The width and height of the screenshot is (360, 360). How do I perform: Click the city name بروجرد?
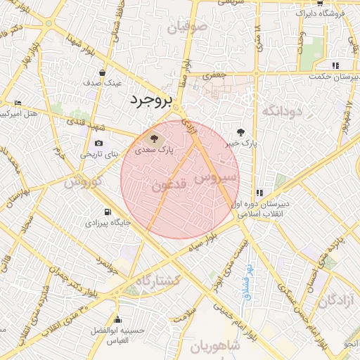click(150, 101)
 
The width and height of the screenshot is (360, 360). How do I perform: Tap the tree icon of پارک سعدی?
click(154, 137)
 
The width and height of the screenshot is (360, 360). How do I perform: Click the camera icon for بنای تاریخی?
click(98, 143)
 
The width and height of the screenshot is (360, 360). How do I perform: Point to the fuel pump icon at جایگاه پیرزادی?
click(107, 212)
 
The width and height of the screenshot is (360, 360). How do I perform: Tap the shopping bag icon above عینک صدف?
click(103, 72)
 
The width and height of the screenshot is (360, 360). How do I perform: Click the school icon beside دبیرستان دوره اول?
click(259, 193)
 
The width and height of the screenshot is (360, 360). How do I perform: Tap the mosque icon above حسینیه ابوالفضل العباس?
click(116, 319)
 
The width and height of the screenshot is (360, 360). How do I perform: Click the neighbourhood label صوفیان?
click(188, 28)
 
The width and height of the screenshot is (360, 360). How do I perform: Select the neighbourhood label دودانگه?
click(281, 111)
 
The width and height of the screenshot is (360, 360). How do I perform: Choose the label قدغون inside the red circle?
click(169, 186)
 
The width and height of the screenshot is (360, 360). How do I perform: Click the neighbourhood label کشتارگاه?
click(157, 281)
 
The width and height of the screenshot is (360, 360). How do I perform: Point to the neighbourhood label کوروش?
click(83, 181)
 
